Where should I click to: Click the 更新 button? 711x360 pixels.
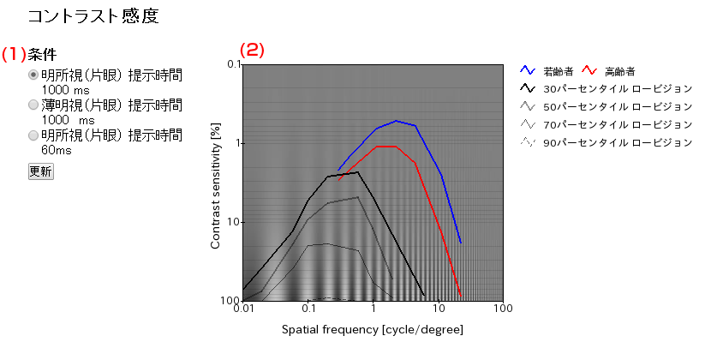tap(40, 171)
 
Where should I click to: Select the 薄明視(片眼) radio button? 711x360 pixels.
tap(33, 105)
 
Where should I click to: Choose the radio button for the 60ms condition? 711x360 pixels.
tap(33, 135)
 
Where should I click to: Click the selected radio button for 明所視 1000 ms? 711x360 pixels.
tap(33, 75)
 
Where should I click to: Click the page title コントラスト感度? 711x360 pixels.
tap(93, 16)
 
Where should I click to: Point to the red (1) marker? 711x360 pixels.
tap(14, 54)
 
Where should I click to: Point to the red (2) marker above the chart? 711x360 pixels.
tap(252, 50)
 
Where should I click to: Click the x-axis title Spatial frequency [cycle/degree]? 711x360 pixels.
tap(373, 329)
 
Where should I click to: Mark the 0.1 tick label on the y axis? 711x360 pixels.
tap(232, 64)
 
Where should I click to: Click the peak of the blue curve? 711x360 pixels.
tap(396, 121)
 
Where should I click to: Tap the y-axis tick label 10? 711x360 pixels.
tap(234, 222)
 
